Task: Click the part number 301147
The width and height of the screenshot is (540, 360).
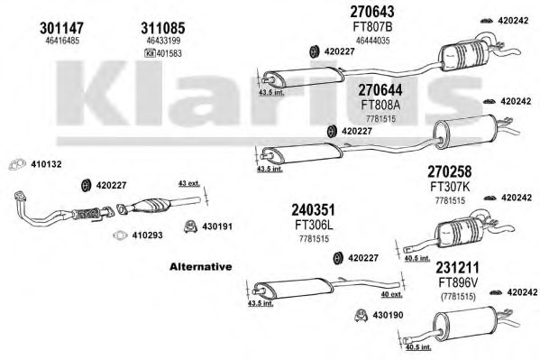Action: (x=62, y=28)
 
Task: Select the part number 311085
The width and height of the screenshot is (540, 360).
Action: (x=163, y=28)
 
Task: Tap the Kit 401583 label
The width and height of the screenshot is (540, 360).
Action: (x=163, y=53)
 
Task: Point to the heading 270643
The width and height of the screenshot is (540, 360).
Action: (x=372, y=12)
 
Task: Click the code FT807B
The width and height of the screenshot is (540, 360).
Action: (x=372, y=26)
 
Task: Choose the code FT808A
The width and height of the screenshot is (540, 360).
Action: (x=380, y=105)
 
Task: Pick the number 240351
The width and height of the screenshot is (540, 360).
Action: (x=314, y=209)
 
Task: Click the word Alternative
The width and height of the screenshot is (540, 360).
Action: (x=201, y=266)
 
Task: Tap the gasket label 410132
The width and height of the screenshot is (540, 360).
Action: (x=46, y=164)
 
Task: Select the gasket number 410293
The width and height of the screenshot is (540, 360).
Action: (x=148, y=235)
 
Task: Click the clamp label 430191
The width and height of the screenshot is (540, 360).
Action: (x=217, y=226)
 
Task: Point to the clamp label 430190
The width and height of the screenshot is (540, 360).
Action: (x=388, y=315)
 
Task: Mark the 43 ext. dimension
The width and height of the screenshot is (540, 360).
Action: (x=189, y=184)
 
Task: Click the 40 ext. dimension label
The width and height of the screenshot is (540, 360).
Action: (x=392, y=295)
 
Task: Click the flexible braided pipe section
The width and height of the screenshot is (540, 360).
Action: (x=86, y=214)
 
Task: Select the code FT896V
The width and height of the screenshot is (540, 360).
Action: (x=458, y=283)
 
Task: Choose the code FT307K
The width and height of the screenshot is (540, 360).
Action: (x=450, y=187)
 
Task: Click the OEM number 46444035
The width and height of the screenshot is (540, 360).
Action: (x=373, y=41)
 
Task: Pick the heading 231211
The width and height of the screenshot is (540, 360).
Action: (x=458, y=268)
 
